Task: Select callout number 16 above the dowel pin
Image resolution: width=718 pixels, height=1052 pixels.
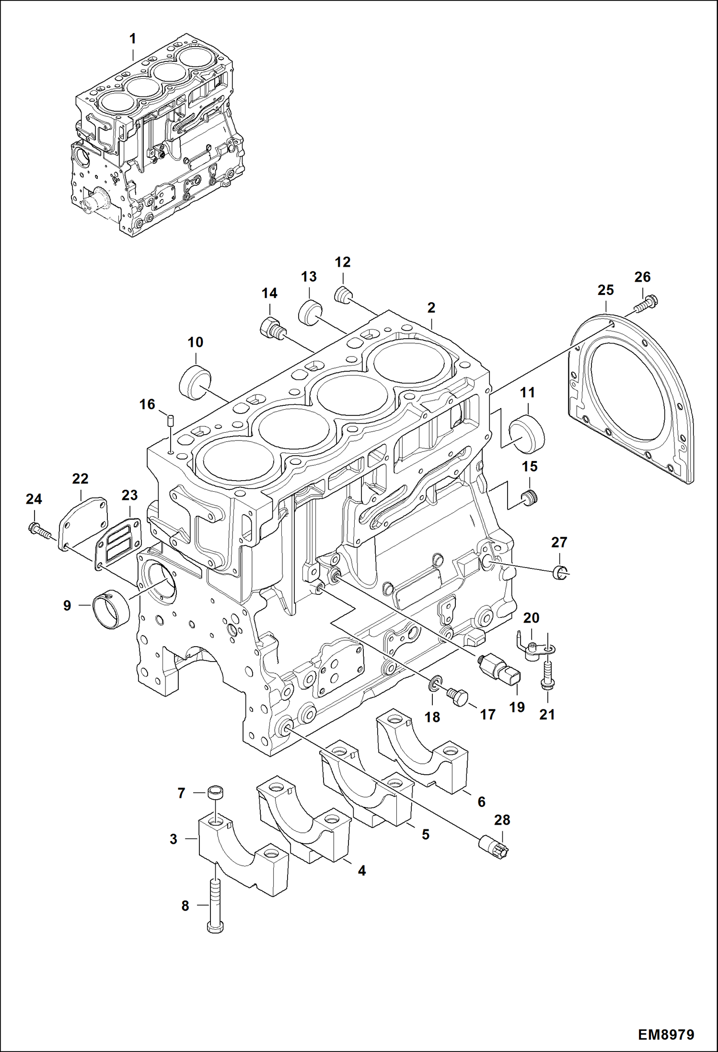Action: point(147,404)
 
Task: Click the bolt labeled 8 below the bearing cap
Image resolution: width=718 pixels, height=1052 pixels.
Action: point(215,906)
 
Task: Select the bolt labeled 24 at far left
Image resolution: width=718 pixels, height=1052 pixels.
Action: point(39,530)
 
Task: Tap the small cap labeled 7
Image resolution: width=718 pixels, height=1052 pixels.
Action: point(216,792)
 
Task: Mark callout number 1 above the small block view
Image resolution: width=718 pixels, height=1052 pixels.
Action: point(133,39)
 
